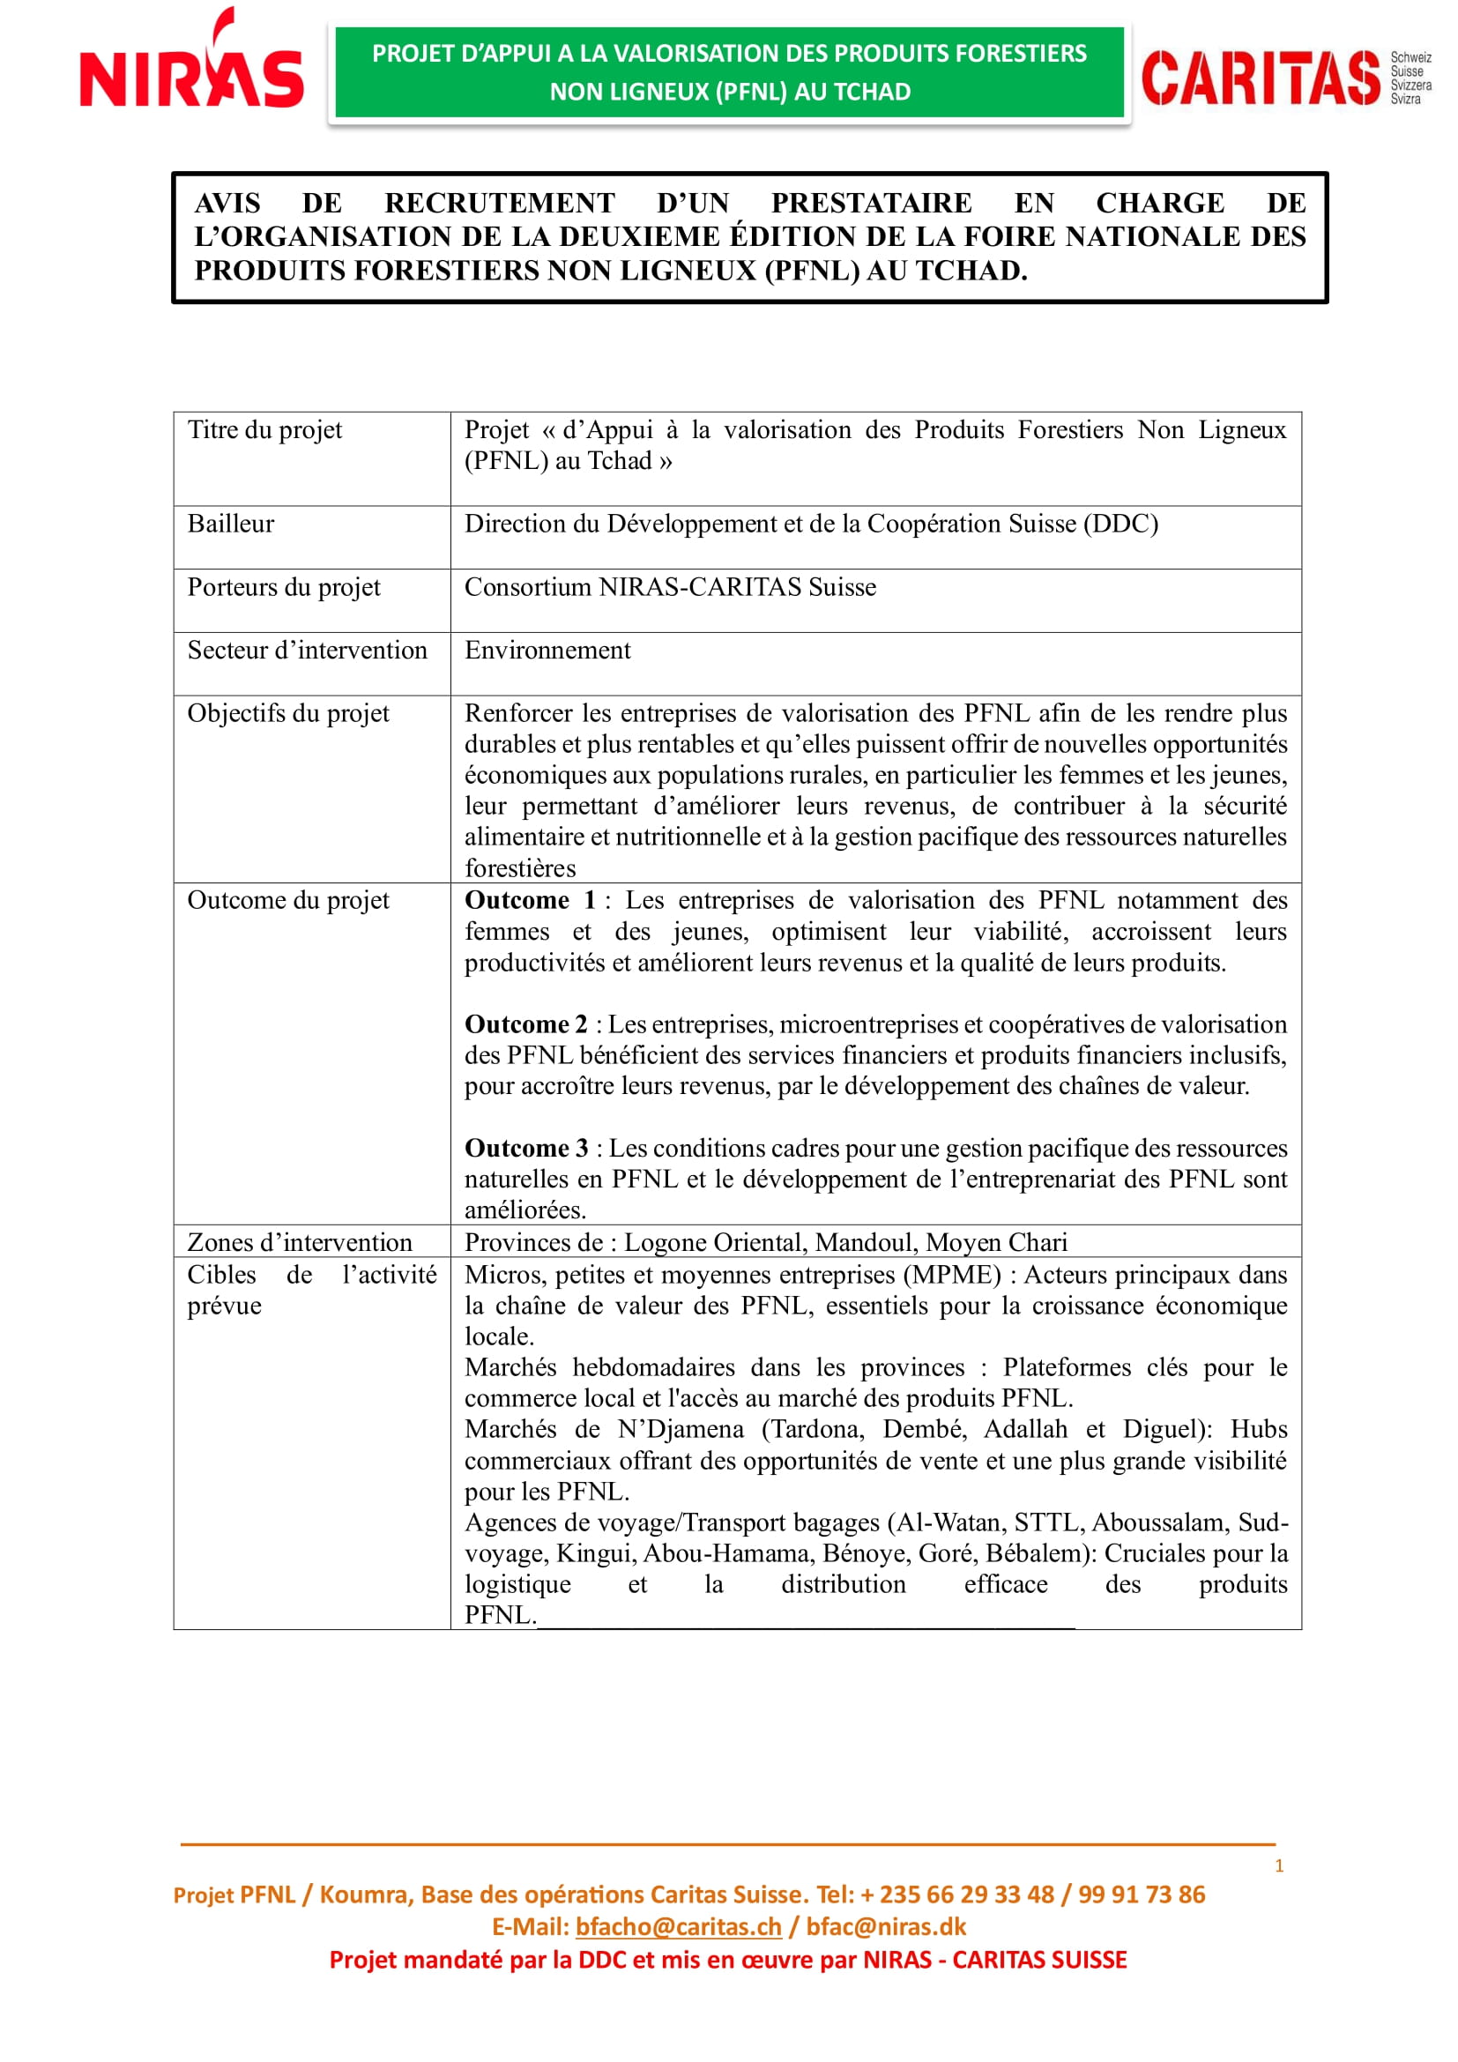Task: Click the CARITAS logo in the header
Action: pyautogui.click(x=1283, y=78)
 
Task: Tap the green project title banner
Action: pyautogui.click(x=729, y=73)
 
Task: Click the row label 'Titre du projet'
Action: pyautogui.click(x=264, y=430)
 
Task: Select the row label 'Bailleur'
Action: pyautogui.click(x=231, y=524)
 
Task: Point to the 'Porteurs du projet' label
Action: pyautogui.click(x=284, y=587)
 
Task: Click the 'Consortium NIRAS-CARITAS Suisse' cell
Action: pyautogui.click(x=670, y=587)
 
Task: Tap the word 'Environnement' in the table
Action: pyautogui.click(x=547, y=651)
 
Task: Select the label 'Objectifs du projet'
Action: pyautogui.click(x=288, y=714)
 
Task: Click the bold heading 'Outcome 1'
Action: pyautogui.click(x=530, y=901)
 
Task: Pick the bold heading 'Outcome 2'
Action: pyautogui.click(x=525, y=1024)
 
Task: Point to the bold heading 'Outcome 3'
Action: pyautogui.click(x=526, y=1149)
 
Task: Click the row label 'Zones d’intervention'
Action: pyautogui.click(x=300, y=1243)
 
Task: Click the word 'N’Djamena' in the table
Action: pyautogui.click(x=681, y=1430)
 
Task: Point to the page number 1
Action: pyautogui.click(x=1279, y=1866)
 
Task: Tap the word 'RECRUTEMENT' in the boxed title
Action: pyautogui.click(x=499, y=203)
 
